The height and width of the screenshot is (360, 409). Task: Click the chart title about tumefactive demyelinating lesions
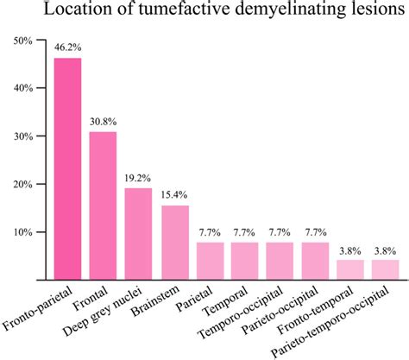217,12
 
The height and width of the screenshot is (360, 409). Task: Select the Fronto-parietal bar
67,168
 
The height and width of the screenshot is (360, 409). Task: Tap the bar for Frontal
103,205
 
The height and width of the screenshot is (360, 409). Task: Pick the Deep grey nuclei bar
138,234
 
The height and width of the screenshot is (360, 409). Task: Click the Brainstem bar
174,243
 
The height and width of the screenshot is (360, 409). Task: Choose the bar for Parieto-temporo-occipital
386,270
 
